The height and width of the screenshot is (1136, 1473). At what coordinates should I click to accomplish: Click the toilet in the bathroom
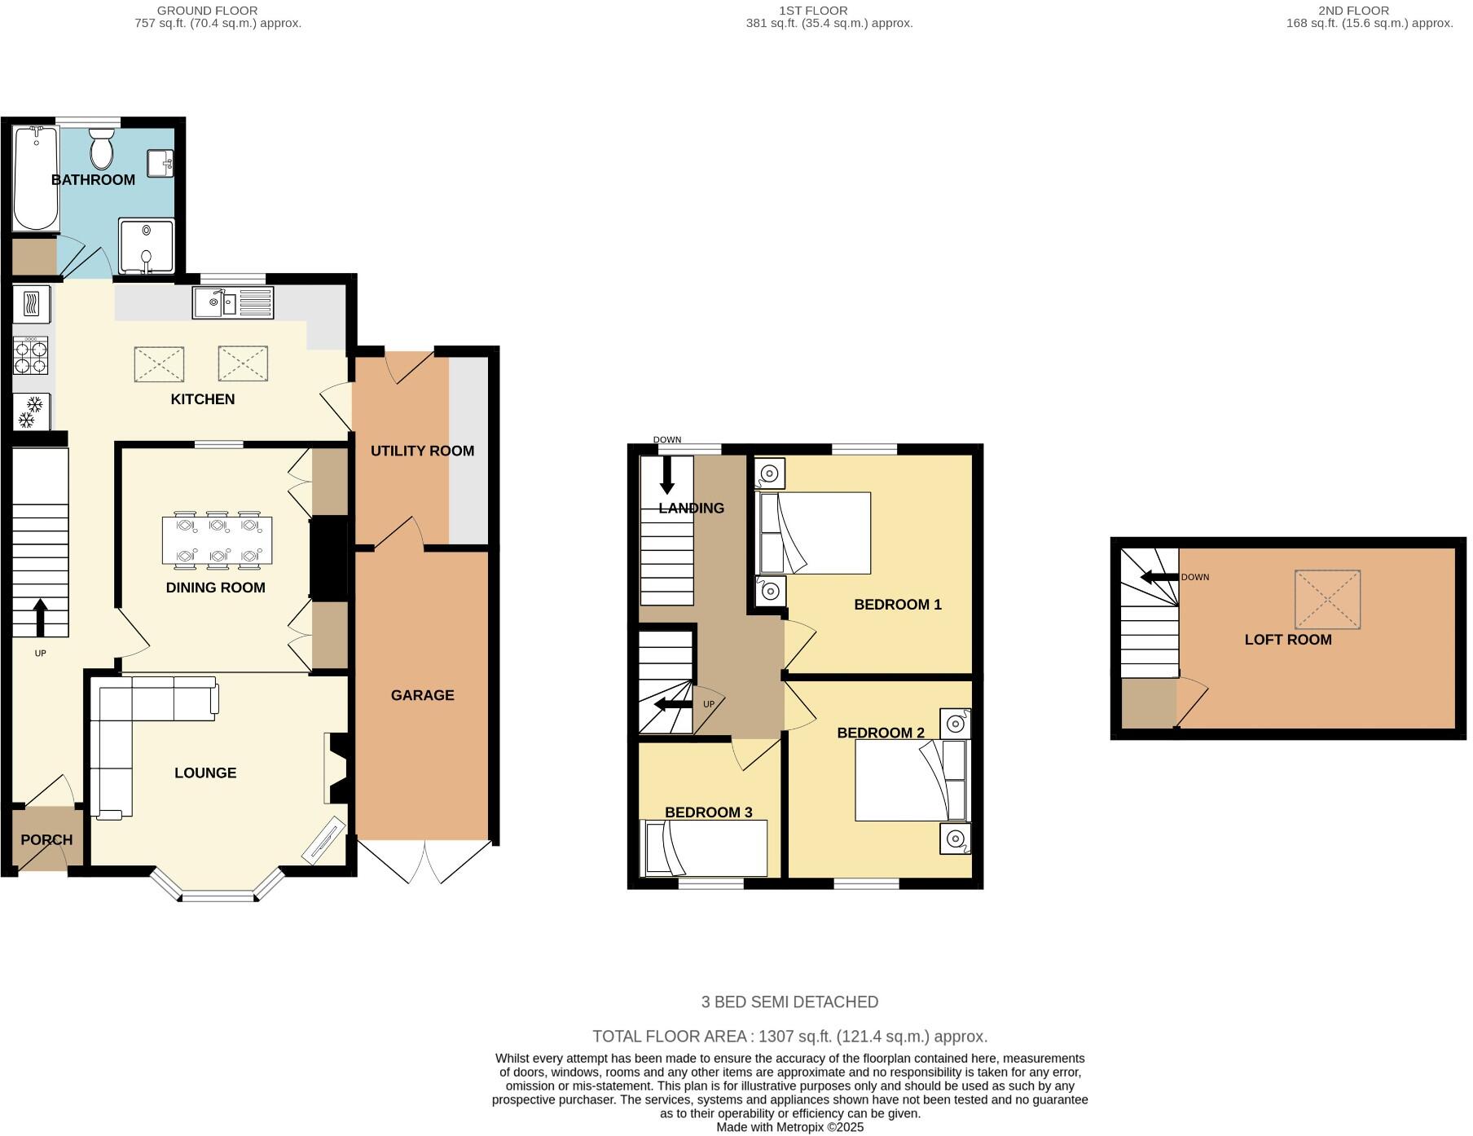pyautogui.click(x=102, y=148)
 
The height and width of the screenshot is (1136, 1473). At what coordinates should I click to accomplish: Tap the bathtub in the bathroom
pyautogui.click(x=35, y=178)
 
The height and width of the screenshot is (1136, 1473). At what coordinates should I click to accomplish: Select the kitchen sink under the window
pyautogui.click(x=233, y=303)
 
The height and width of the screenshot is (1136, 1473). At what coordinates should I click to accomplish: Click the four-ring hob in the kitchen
pyautogui.click(x=31, y=356)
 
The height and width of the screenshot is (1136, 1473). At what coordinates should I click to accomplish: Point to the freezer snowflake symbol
pyautogui.click(x=31, y=412)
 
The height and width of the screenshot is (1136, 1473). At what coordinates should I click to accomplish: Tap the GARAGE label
pyautogui.click(x=422, y=695)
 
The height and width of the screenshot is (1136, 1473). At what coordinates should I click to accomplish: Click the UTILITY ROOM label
pyautogui.click(x=422, y=451)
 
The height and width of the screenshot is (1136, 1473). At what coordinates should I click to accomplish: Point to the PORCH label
pyautogui.click(x=46, y=839)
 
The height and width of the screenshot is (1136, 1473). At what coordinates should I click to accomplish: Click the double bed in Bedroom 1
pyautogui.click(x=815, y=533)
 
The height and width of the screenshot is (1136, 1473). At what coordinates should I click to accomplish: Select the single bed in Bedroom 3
pyautogui.click(x=706, y=848)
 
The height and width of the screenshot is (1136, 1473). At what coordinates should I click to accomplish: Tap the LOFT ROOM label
pyautogui.click(x=1287, y=640)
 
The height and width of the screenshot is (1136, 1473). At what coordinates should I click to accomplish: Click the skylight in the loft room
pyautogui.click(x=1327, y=600)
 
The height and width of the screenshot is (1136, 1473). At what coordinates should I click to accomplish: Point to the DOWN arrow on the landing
pyautogui.click(x=666, y=475)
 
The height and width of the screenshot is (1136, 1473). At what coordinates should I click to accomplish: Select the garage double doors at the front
pyautogui.click(x=424, y=862)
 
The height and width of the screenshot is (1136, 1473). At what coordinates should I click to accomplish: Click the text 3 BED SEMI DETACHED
pyautogui.click(x=789, y=1002)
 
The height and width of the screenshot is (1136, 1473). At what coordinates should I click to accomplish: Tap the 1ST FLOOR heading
pyautogui.click(x=813, y=11)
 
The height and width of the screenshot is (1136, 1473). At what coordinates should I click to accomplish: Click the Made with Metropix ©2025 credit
pyautogui.click(x=789, y=1128)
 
